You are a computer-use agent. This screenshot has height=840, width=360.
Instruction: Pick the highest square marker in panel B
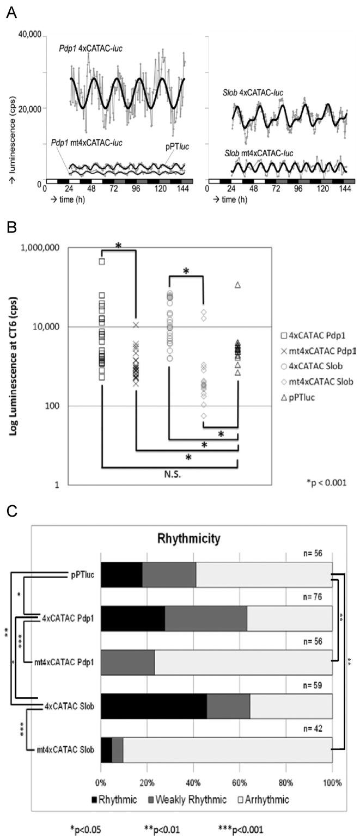(x=102, y=261)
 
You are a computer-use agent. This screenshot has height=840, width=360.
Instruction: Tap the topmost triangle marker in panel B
(x=238, y=285)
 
